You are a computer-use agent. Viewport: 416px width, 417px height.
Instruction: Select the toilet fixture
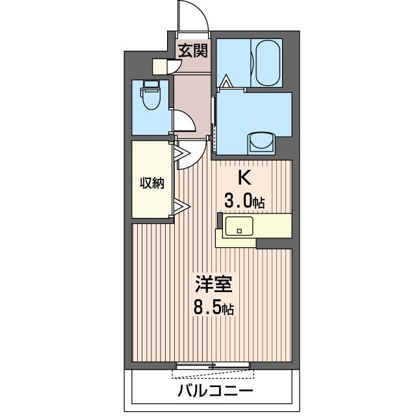point(151,100)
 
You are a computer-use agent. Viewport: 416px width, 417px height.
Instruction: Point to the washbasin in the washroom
point(262,142)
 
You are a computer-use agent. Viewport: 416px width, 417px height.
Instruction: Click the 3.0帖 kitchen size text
point(244,202)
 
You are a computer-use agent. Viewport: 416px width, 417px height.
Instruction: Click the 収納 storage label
point(152,183)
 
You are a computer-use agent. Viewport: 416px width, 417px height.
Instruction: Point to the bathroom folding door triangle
point(226,83)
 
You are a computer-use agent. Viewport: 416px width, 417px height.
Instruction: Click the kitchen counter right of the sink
point(273,225)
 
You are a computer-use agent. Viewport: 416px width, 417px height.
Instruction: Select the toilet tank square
point(151,85)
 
